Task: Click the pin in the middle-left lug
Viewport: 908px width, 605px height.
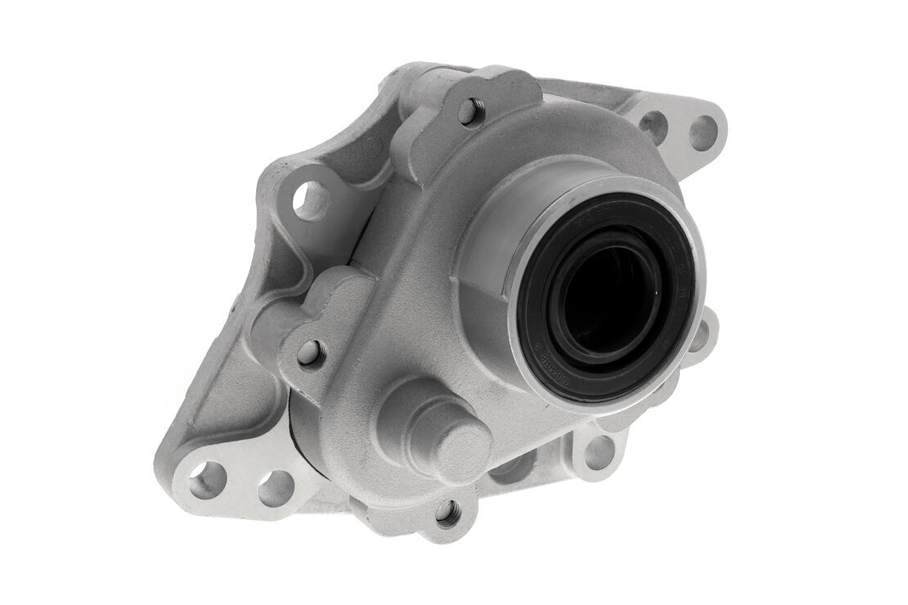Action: pyautogui.click(x=310, y=353)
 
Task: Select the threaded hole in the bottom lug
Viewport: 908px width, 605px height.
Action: pyautogui.click(x=447, y=513)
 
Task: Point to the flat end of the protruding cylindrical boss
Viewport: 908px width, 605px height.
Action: pyautogui.click(x=461, y=451)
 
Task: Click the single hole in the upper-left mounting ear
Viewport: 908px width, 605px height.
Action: pyautogui.click(x=310, y=199)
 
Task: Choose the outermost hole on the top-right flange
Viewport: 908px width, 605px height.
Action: pyautogui.click(x=703, y=132)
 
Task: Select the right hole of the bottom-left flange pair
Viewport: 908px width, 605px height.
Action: pyautogui.click(x=276, y=487)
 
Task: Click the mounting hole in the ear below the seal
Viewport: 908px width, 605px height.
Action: pyautogui.click(x=600, y=452)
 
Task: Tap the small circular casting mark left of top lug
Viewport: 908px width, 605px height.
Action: pyautogui.click(x=373, y=148)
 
